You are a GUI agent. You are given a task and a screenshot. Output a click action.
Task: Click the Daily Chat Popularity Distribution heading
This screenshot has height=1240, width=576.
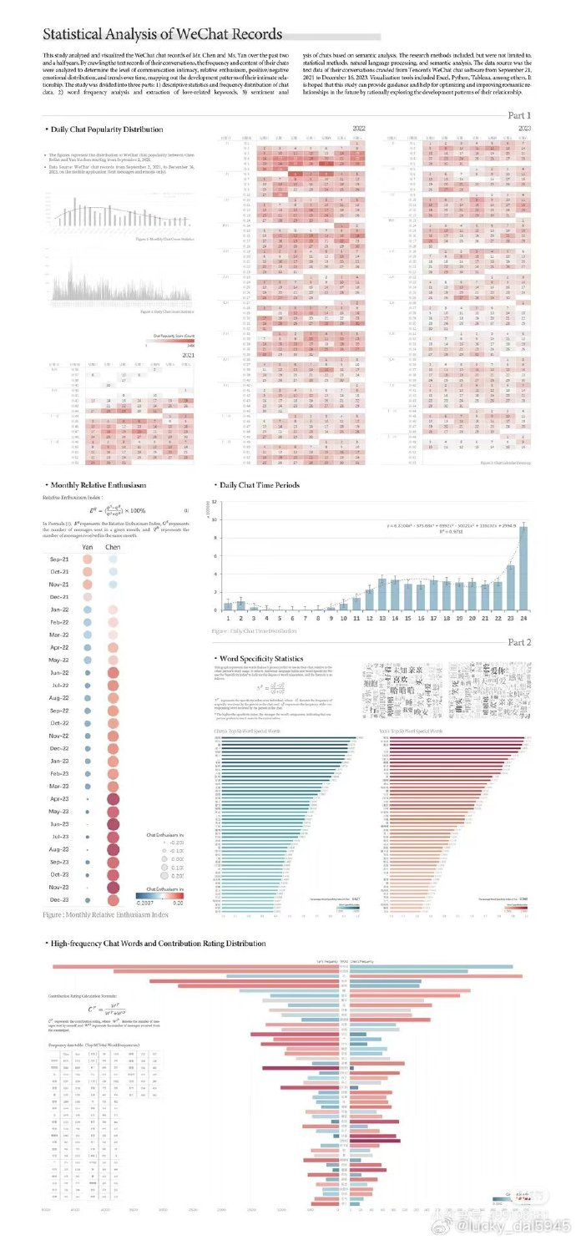(106, 129)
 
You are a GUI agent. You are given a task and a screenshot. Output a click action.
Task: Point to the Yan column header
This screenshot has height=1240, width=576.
(88, 546)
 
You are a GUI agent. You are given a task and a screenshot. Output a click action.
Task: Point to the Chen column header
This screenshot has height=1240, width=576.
(113, 546)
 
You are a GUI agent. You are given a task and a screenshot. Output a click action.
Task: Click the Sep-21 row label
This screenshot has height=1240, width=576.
(58, 559)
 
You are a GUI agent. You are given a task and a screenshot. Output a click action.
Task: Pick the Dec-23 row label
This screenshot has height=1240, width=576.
(58, 900)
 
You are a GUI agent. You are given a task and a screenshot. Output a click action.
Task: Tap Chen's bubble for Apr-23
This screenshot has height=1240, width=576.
(112, 799)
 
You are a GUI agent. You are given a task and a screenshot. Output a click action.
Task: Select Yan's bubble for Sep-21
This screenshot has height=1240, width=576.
(88, 559)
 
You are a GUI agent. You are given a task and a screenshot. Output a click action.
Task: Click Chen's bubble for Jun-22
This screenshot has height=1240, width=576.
(113, 673)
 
